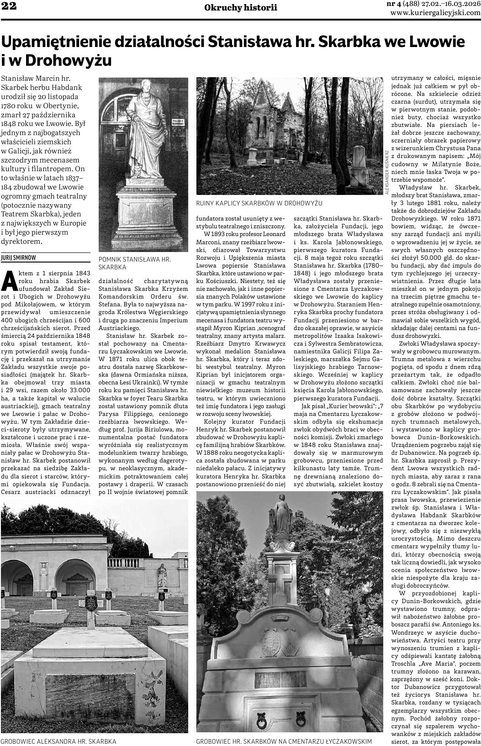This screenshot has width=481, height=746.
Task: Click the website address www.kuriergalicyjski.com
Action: [435, 13]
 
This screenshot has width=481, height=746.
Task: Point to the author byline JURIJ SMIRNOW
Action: [19, 257]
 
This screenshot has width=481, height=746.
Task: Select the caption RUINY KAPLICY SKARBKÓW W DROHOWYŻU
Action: [259, 202]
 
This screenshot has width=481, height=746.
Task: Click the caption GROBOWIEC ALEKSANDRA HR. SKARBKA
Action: [58, 741]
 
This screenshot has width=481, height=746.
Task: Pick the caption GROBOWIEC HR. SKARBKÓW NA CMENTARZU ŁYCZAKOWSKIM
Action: [284, 741]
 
